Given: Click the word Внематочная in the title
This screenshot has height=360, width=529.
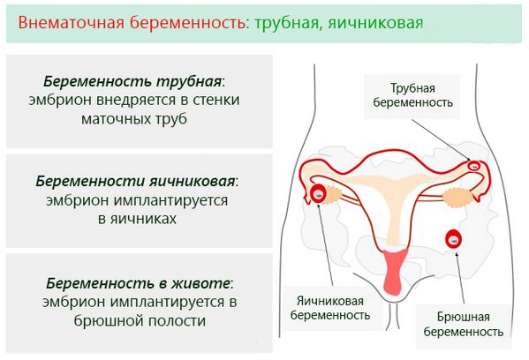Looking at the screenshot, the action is point(72,23).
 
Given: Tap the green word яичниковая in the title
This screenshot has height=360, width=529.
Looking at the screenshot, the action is point(375,24).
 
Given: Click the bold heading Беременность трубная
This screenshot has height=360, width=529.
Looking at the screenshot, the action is point(134,81).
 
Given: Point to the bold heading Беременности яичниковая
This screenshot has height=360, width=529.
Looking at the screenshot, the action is point(137,182).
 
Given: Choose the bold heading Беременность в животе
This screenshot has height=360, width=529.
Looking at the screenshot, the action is point(140,283).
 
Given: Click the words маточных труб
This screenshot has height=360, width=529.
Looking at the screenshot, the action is point(134,119).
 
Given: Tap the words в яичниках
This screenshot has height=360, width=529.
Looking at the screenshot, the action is point(137,219).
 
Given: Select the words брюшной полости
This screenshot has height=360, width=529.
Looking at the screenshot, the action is point(140,320).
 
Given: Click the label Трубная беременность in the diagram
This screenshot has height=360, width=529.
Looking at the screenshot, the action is point(413,95).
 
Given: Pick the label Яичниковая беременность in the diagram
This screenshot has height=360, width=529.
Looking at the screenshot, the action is point(330,308).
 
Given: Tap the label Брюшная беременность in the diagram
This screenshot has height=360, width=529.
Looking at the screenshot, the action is point(464,325).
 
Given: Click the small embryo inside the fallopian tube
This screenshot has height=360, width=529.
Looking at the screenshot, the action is point(474,166).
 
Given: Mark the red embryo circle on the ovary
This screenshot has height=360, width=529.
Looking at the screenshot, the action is point(318,193).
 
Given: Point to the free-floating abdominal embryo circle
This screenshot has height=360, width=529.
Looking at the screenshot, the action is point(454,239).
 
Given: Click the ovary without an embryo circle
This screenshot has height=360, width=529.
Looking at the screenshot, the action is point(457,198).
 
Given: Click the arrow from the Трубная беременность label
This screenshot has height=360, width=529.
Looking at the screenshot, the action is point(442,140).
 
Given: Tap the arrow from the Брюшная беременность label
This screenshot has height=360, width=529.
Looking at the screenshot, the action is point(460,278).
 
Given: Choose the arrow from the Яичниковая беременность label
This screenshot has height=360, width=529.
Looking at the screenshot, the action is point(326,244).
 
